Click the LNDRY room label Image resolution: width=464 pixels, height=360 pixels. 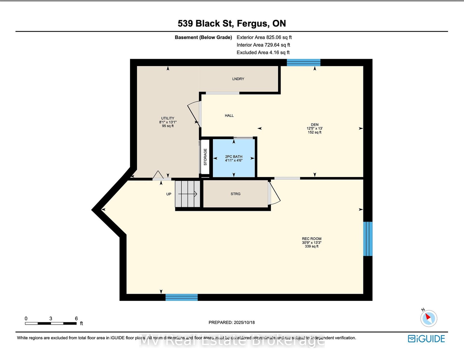pos(238,79)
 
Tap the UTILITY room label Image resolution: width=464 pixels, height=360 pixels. pos(168,118)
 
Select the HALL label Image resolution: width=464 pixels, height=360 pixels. pos(229,115)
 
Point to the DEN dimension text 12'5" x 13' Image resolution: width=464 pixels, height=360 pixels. pos(314,128)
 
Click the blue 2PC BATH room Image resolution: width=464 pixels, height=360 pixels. pos(234,158)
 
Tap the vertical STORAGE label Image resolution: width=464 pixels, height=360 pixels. pos(205,157)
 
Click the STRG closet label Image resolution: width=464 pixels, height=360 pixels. pos(235,194)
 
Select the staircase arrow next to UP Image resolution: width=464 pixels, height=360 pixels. pos(187,194)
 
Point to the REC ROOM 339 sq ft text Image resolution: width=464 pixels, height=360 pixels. pos(311,246)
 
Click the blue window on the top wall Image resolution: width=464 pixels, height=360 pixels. pos(303,62)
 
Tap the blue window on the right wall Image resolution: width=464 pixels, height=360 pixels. pos(368,239)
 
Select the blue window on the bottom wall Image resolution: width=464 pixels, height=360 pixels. pos(181,297)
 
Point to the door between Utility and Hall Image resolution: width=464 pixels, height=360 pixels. pos(194,114)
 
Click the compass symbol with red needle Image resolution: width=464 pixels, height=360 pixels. pos(429,318)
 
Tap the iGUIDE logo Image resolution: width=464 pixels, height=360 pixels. pos(426,339)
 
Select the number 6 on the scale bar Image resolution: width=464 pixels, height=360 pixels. pos(76,318)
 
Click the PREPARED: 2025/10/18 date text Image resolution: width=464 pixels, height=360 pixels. pos(232,322)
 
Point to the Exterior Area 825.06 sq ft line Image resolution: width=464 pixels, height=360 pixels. pos(264,37)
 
